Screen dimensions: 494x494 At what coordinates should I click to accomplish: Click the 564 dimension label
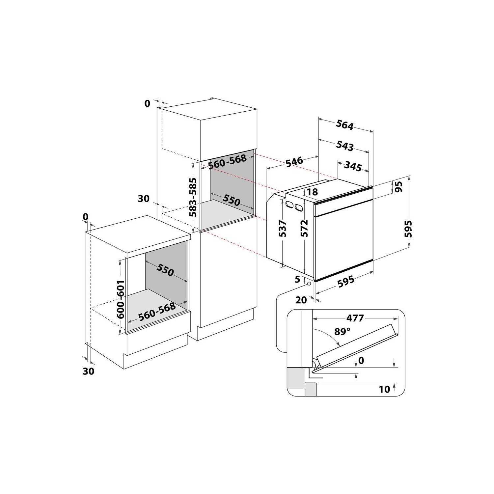tap(344, 125)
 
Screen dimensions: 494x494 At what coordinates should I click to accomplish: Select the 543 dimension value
tap(345, 146)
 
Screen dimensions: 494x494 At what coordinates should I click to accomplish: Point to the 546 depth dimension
tap(294, 162)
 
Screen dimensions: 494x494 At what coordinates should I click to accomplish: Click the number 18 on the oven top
tap(313, 192)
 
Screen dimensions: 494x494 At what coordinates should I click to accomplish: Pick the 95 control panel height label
tap(399, 187)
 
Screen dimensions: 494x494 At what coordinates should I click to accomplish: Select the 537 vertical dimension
tap(282, 229)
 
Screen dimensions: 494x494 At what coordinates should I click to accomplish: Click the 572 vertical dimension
tap(304, 228)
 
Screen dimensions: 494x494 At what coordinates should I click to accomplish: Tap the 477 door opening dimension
tap(355, 318)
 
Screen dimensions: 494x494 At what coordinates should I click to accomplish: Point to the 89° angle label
tap(342, 331)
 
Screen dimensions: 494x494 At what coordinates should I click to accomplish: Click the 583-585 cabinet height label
tap(193, 197)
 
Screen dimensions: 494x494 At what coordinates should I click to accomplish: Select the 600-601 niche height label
tap(121, 299)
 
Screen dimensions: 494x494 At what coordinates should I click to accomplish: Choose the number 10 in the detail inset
tap(384, 389)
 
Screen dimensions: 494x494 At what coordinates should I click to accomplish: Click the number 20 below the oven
tap(301, 300)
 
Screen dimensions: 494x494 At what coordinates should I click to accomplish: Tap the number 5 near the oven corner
tap(298, 280)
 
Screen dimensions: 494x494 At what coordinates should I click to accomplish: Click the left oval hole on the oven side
tap(290, 205)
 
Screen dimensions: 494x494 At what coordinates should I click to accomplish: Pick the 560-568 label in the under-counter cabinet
tap(156, 312)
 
